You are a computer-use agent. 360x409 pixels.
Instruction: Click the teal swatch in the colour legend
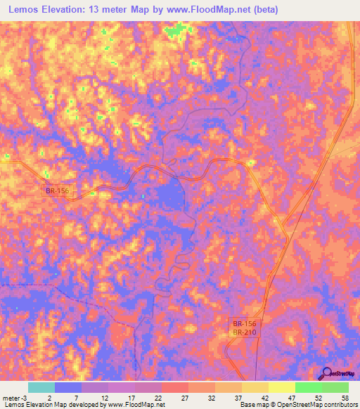[41, 387]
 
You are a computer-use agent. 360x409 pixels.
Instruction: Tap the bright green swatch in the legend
[308, 387]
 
